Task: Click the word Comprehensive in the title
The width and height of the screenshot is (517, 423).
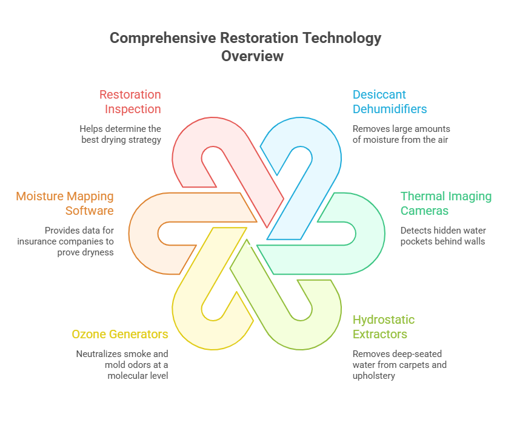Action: point(163,38)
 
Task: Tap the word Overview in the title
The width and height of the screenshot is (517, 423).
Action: point(252,56)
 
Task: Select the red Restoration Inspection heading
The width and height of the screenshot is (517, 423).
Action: point(130,102)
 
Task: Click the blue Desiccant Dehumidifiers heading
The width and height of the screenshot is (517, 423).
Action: point(390,102)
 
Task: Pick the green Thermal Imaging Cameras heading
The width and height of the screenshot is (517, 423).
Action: point(446,203)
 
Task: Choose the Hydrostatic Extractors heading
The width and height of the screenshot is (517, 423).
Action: point(384,327)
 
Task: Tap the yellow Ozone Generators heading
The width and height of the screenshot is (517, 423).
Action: point(120,334)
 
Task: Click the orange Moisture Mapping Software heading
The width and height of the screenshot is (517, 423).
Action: point(65,203)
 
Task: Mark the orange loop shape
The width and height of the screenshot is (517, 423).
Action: point(144,234)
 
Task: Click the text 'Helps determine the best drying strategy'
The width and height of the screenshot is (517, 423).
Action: point(121,134)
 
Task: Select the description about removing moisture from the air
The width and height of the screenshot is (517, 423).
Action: point(401,134)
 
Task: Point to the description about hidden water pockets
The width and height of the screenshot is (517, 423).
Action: point(443,236)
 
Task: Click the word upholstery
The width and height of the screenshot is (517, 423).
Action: point(374,376)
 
